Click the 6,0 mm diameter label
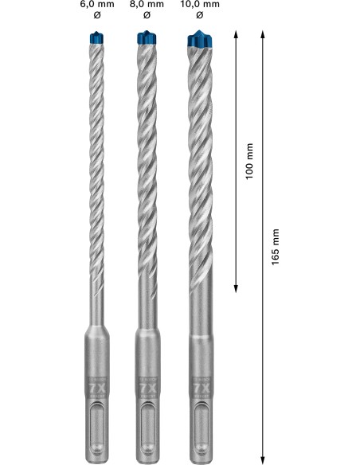[96, 4]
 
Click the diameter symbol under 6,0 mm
[96, 15]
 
